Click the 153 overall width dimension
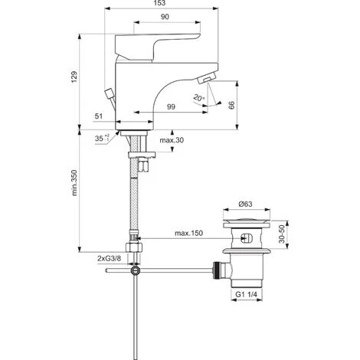point(160,3)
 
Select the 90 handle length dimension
point(165,17)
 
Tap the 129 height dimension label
point(74,77)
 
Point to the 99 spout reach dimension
point(171,106)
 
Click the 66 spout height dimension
point(231,105)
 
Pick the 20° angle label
point(199,98)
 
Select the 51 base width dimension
point(99,116)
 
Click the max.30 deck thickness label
point(172,140)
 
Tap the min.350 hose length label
point(74,183)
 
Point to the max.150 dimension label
point(188,233)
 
